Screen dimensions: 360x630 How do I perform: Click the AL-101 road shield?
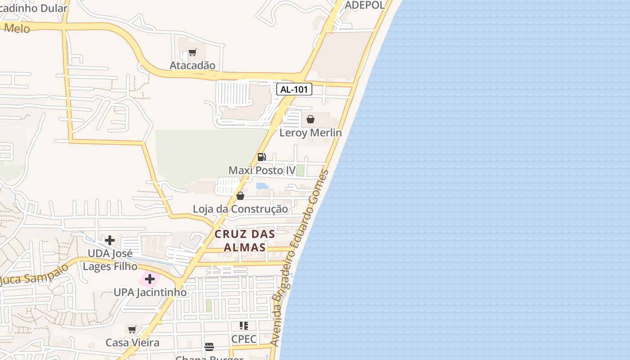click(294, 89)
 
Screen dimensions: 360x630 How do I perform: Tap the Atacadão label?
click(192, 65)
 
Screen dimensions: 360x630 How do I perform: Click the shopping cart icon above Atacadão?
click(192, 52)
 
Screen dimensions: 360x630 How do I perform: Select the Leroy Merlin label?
click(310, 133)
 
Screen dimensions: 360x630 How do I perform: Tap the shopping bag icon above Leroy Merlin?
click(310, 119)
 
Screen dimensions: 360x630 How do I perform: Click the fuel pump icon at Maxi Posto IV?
click(261, 157)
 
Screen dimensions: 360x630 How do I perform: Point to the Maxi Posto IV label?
click(262, 171)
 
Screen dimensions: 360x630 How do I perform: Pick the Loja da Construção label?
click(240, 209)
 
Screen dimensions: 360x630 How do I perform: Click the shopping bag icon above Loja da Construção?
click(240, 196)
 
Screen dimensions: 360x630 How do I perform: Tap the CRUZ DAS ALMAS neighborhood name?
click(244, 241)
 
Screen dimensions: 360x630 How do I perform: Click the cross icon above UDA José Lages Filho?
click(109, 240)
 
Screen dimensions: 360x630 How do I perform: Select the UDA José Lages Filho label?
click(110, 260)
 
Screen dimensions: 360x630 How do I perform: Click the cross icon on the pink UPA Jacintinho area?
click(150, 279)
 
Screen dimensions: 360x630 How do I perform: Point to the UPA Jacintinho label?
click(150, 292)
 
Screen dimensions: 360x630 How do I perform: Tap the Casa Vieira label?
click(132, 343)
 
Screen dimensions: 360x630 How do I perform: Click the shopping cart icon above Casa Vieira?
click(132, 329)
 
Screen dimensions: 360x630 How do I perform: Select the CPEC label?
click(243, 339)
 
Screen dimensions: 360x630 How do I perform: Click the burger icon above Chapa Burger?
click(209, 346)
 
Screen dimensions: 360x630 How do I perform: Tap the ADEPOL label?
click(364, 5)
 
